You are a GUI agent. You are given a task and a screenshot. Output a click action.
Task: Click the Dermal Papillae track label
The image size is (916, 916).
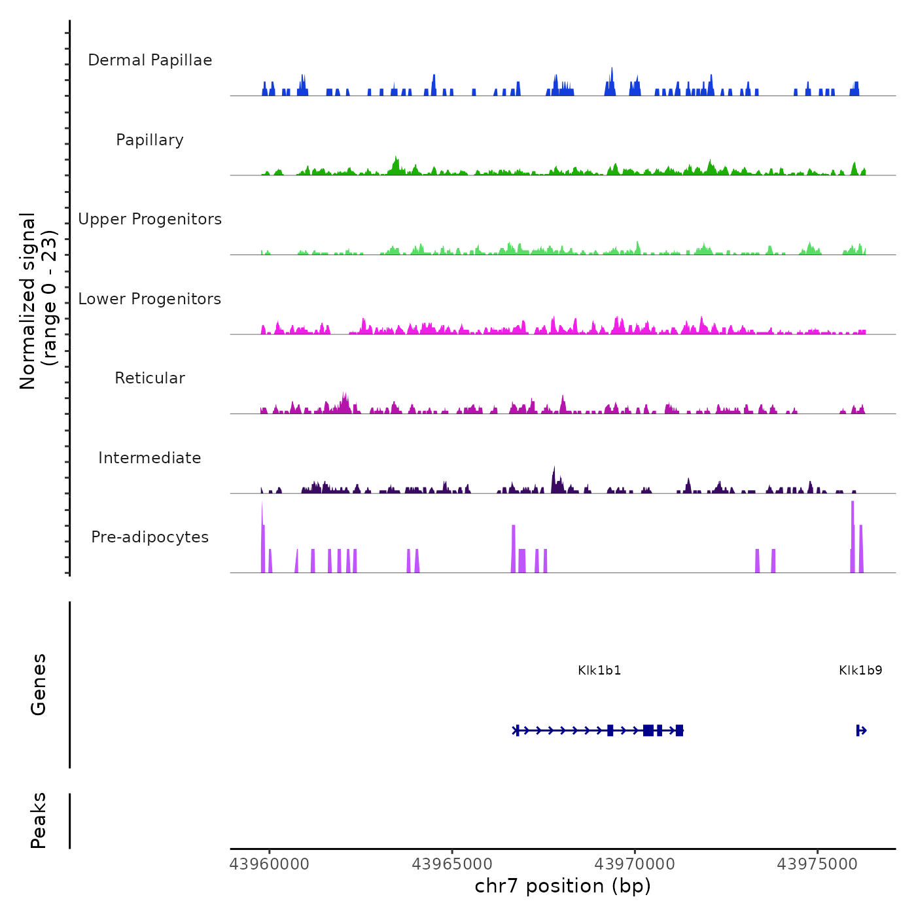[150, 60]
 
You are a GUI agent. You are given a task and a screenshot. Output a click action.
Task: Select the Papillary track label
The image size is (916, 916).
[150, 140]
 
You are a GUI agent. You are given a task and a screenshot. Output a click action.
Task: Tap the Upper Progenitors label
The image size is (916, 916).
[150, 219]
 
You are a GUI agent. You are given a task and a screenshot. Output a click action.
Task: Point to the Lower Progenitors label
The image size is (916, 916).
[150, 299]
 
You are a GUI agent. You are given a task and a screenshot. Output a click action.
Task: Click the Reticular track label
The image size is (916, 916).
[150, 378]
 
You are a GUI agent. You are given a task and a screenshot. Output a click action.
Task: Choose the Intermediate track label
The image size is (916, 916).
[150, 458]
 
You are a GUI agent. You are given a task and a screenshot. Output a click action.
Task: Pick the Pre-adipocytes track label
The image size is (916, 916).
[150, 537]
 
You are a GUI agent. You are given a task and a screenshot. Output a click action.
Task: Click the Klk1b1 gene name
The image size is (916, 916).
[599, 671]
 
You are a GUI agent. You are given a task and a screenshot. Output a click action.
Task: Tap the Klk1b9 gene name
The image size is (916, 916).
[860, 671]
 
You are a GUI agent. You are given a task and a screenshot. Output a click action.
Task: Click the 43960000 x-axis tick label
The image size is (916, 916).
[270, 864]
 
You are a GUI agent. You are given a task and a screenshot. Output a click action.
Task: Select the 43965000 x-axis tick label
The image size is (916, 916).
[452, 864]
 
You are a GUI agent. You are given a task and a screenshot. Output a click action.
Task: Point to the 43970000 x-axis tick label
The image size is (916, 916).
[635, 864]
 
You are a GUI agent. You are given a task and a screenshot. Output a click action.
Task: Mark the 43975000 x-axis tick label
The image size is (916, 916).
[817, 864]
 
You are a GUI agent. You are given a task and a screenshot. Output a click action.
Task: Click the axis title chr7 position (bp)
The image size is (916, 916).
[563, 887]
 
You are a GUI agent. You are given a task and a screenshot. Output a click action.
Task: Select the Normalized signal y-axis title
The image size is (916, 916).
[38, 301]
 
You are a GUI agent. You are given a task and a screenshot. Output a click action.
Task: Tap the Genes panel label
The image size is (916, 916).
[39, 684]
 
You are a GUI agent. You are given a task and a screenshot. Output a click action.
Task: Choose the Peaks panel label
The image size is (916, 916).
[39, 820]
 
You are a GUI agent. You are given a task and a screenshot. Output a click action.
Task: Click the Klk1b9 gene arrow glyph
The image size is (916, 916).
[862, 731]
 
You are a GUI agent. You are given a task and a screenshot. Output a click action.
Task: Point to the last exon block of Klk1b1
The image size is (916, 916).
[679, 731]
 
